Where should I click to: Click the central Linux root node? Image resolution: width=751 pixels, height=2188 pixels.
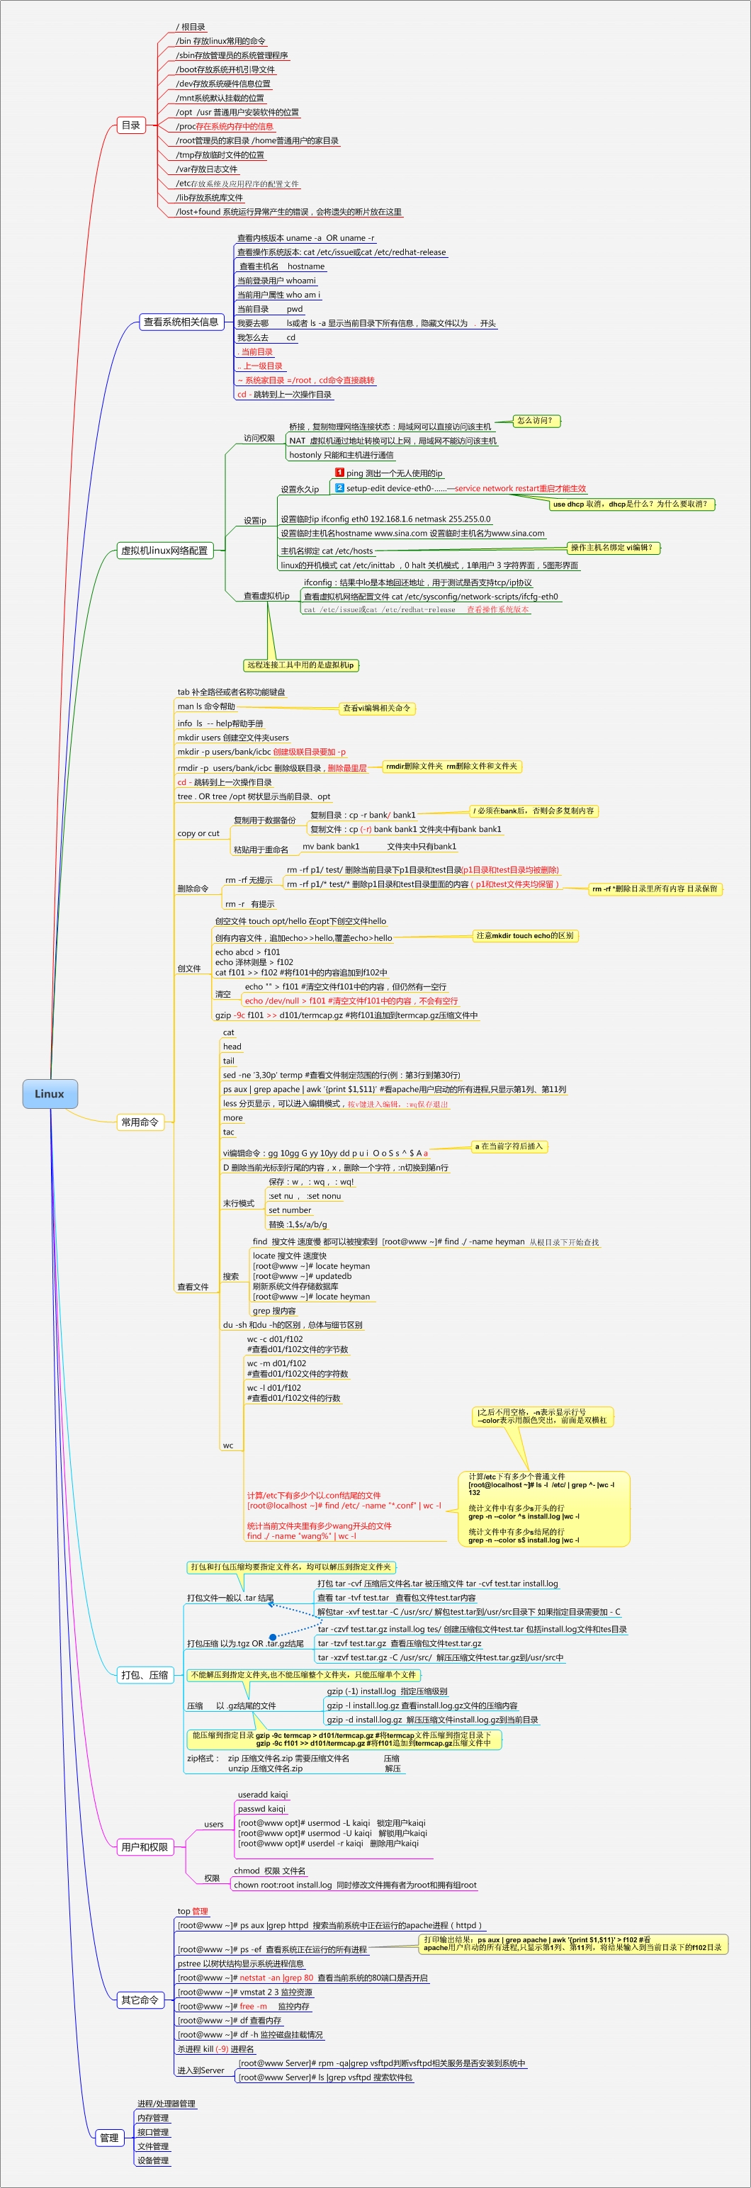(50, 1093)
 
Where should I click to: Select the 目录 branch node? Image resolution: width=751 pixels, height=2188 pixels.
(131, 125)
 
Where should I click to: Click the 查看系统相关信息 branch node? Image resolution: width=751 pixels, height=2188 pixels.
(181, 322)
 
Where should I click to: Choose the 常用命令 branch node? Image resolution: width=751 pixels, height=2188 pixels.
(140, 1122)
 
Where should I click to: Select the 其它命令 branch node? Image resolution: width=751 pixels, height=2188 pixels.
(140, 2000)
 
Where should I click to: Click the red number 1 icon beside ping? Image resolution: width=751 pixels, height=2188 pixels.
(339, 473)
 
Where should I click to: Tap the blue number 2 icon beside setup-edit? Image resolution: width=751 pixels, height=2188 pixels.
(339, 487)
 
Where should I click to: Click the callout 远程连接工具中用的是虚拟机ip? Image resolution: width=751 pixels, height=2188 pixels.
(300, 665)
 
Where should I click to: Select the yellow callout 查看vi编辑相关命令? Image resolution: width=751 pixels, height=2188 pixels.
(376, 708)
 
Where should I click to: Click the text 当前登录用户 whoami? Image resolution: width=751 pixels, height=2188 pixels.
(276, 281)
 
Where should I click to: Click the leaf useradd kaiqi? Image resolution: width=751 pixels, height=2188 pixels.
(263, 1795)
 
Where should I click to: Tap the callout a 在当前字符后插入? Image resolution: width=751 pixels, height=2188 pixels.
(508, 1146)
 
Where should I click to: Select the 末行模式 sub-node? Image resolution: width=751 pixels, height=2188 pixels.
(239, 1202)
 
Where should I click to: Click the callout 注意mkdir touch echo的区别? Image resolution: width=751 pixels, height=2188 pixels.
(524, 935)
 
